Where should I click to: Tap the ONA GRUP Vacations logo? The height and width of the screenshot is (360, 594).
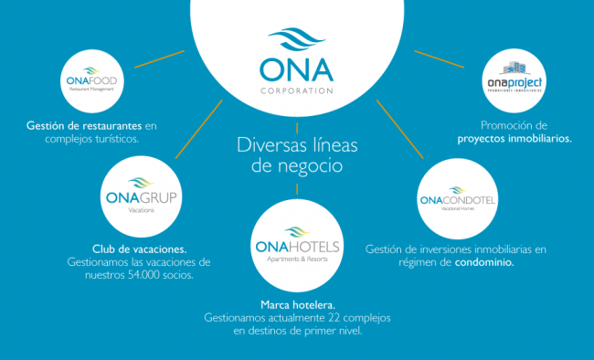[x=141, y=196]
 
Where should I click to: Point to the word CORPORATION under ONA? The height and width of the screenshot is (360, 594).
[x=297, y=91]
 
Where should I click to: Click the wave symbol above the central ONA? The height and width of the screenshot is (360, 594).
[x=297, y=42]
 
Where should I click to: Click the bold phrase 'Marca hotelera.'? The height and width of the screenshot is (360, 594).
[x=297, y=304]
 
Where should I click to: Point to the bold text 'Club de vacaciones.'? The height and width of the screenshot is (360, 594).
[x=140, y=248]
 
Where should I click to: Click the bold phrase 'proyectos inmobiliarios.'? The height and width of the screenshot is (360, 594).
[x=514, y=139]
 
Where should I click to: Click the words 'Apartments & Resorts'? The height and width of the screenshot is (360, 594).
[x=296, y=259]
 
